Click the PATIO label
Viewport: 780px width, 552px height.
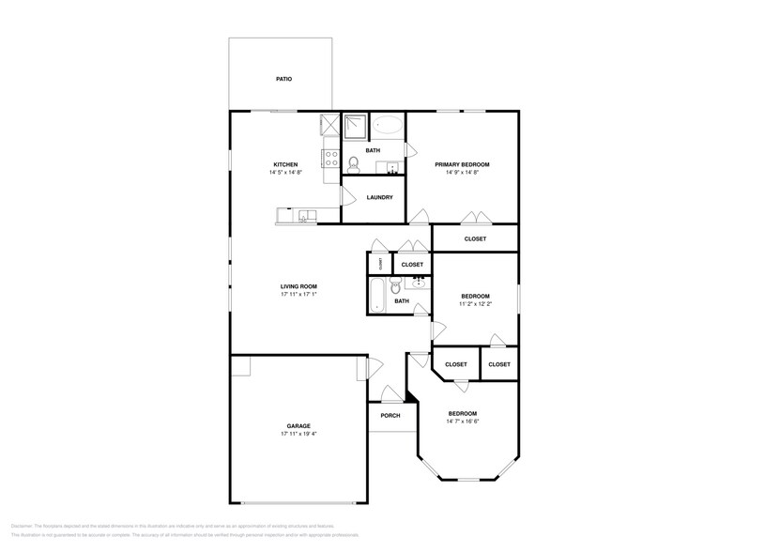pyautogui.click(x=283, y=79)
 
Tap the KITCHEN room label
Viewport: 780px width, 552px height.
pyautogui.click(x=285, y=164)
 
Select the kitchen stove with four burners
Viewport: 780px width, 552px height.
pyautogui.click(x=330, y=158)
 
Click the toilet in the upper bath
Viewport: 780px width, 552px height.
pyautogui.click(x=353, y=164)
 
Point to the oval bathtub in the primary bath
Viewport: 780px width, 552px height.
pyautogui.click(x=387, y=125)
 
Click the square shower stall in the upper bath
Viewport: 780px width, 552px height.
pyautogui.click(x=355, y=126)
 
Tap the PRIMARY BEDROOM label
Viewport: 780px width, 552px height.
pyautogui.click(x=462, y=164)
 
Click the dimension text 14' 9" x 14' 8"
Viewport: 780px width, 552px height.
pyautogui.click(x=462, y=173)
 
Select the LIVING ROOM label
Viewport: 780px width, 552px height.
pyautogui.click(x=298, y=286)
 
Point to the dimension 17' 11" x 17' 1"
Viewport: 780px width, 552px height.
pyautogui.click(x=298, y=295)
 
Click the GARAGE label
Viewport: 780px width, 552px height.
pyautogui.click(x=298, y=425)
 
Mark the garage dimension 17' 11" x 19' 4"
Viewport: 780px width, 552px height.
pyautogui.click(x=298, y=434)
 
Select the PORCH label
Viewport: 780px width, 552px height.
pyautogui.click(x=390, y=415)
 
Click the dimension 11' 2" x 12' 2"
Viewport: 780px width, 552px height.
pyautogui.click(x=475, y=304)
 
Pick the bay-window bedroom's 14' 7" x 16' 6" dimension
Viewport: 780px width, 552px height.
pyautogui.click(x=462, y=422)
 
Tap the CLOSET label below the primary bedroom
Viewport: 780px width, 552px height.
pyautogui.click(x=475, y=239)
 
